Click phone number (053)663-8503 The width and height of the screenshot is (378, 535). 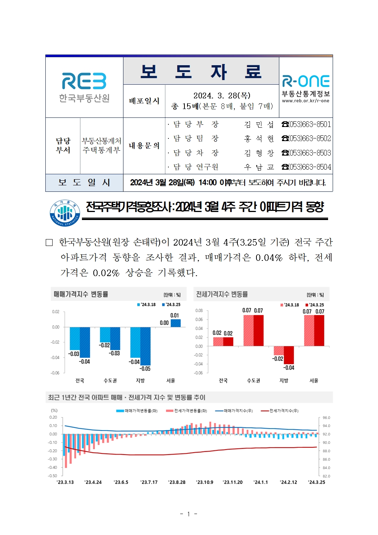[306, 153]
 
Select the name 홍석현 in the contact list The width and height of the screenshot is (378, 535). [259, 138]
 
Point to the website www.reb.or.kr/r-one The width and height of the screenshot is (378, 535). [306, 101]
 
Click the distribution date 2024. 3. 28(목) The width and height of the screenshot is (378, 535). [222, 95]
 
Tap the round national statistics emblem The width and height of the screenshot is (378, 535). [64, 213]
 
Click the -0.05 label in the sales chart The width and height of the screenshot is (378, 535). [145, 369]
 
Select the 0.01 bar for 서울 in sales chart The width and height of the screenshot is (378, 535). [176, 323]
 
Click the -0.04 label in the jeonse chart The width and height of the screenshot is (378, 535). [289, 368]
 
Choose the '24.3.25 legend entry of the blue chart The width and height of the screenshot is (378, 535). [171, 305]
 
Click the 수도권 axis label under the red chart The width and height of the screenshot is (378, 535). [253, 381]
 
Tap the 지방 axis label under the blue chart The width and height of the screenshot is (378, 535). [140, 381]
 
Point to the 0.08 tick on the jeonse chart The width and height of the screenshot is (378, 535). [199, 311]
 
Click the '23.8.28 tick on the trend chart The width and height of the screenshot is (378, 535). [177, 482]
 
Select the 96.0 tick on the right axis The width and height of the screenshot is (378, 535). [327, 418]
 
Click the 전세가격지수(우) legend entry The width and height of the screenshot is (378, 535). [280, 411]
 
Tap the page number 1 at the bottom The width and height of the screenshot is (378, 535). [188, 514]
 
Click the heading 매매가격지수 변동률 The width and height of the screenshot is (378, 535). [81, 294]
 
